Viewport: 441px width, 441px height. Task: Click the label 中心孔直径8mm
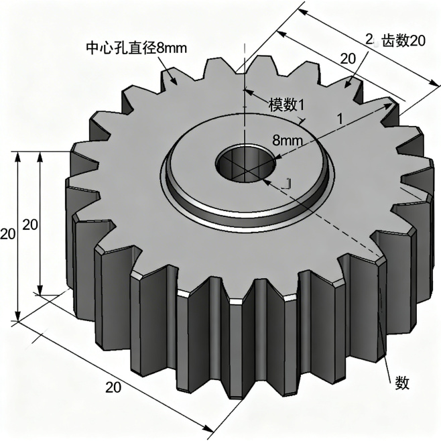[x=137, y=48]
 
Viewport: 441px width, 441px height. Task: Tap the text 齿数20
[x=403, y=41]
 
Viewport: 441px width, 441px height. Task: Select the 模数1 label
[x=286, y=105]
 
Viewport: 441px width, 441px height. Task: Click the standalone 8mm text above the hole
[x=288, y=140]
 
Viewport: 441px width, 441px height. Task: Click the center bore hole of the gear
[x=245, y=163]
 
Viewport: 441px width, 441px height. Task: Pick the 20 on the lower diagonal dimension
[x=113, y=387]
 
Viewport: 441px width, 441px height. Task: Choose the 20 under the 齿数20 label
[x=348, y=59]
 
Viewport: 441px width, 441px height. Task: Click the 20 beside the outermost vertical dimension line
[x=7, y=234]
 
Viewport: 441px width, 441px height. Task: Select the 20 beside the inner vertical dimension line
[x=30, y=225]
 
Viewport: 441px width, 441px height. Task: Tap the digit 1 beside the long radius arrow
[x=340, y=119]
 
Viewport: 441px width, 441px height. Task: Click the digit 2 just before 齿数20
[x=369, y=39]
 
